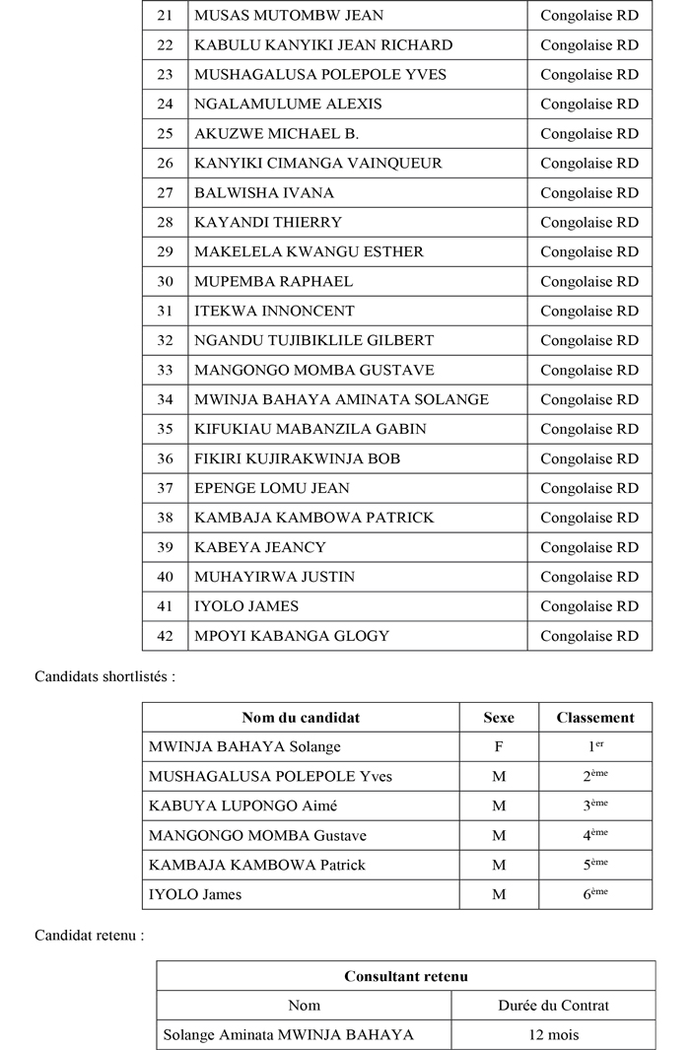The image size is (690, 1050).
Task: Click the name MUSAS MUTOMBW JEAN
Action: coord(289,16)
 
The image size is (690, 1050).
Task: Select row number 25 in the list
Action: coord(165,133)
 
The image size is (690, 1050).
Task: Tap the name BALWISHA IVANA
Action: coord(264,192)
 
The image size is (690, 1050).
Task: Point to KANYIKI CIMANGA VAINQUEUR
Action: coord(318,163)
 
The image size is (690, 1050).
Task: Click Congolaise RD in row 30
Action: coord(589,281)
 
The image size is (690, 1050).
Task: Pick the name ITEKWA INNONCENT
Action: coord(274,311)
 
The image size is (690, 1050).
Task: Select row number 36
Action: coord(165,458)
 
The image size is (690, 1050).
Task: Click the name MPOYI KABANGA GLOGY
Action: coord(292,636)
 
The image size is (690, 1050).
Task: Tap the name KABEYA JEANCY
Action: coord(260,547)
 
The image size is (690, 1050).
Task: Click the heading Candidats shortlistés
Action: coord(104,676)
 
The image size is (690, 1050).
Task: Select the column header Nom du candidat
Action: coord(301,718)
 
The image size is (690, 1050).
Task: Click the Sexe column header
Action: coord(499,718)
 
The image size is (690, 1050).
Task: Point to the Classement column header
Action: coord(595,718)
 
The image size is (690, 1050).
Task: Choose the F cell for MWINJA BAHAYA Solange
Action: coord(499,747)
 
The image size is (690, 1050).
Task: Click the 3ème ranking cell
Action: coord(595,805)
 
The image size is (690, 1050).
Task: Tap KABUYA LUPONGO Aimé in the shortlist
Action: coord(242,805)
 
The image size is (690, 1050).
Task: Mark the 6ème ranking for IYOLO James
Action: coord(595,894)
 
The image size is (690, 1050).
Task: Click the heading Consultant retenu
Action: coord(405,976)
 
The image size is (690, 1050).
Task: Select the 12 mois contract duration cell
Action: coord(553,1034)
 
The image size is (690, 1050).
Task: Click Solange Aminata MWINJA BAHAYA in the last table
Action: coord(288,1034)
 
